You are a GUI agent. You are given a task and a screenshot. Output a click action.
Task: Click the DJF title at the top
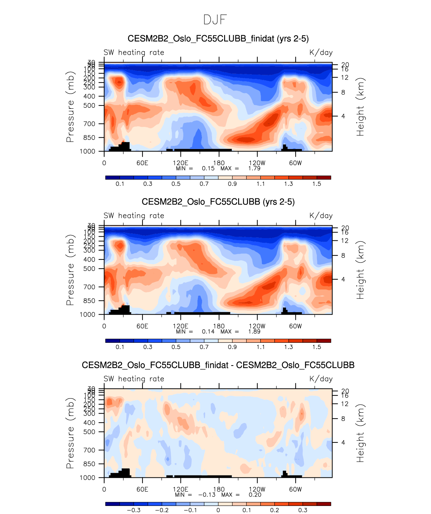pos(215,20)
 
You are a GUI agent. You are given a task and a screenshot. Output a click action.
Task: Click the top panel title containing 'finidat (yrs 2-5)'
pos(218,39)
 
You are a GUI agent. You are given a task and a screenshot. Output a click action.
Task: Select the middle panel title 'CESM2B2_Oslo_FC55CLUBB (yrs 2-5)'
pos(218,202)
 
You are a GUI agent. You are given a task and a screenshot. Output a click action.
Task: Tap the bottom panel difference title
pos(218,365)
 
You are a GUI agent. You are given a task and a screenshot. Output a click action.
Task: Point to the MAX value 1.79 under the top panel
pos(254,168)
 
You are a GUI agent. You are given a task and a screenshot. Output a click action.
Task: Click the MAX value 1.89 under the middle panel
pos(254,331)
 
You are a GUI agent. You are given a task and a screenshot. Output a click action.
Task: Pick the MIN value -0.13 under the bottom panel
pos(207,495)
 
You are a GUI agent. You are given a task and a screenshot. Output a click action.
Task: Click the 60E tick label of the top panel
pos(142,163)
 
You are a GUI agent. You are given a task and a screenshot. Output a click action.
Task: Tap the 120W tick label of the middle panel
pos(257,326)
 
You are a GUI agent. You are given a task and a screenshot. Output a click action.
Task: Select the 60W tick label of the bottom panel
pos(295,489)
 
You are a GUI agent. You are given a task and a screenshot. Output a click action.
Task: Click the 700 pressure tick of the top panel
pos(89,124)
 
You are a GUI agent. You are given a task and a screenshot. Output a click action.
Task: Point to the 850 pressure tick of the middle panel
pos(89,301)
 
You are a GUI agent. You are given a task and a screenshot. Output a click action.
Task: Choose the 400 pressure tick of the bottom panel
pos(89,423)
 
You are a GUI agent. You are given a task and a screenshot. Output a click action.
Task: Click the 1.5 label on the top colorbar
pos(317,184)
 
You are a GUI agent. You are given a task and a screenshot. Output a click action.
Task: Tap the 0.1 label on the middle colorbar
pos(120,347)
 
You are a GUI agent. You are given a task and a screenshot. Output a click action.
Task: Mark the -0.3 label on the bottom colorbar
pos(133,510)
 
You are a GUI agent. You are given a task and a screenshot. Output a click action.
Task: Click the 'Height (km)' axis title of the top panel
pos(360,107)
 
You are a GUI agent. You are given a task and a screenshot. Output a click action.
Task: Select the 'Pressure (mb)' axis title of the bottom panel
pos(70,433)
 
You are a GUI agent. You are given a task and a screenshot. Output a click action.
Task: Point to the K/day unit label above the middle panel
pos(321,216)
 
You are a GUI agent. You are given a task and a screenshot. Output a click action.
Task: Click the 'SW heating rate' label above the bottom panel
pos(134,379)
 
